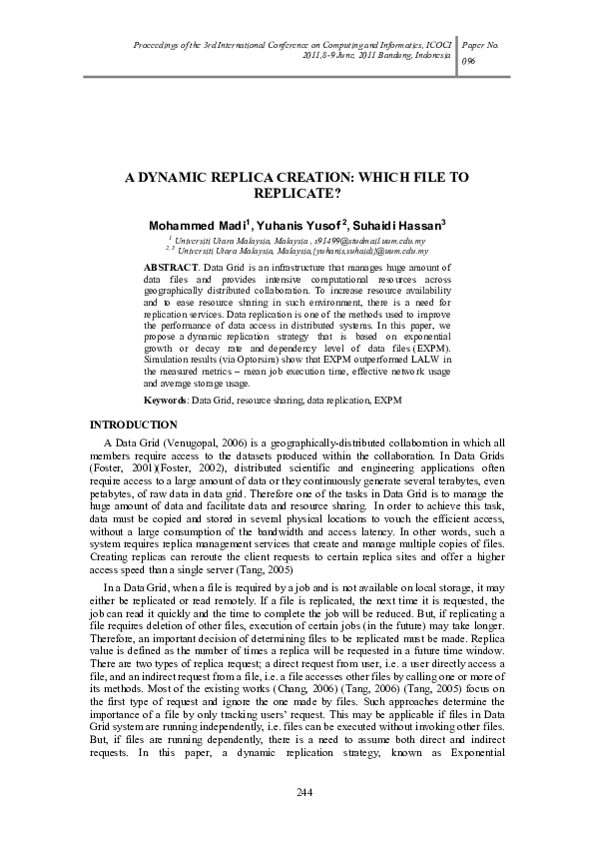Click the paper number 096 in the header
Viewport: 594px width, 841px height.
[468, 61]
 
